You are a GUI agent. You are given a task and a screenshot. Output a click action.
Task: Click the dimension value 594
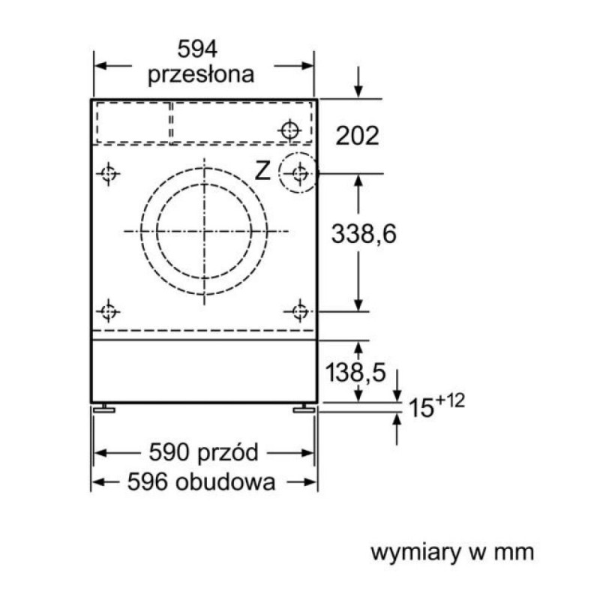pos(197,49)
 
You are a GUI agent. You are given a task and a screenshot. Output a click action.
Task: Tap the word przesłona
pos(201,75)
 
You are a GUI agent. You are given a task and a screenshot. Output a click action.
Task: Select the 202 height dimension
pos(358,135)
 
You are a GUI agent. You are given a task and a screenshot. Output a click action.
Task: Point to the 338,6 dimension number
pos(364,234)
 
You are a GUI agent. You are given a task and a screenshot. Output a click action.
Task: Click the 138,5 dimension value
pos(355,372)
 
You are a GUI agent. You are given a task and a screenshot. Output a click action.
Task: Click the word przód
pos(229,452)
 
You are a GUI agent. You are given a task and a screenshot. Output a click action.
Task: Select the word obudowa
pos(226,481)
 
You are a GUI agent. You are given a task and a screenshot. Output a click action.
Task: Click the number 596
pos(148,481)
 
